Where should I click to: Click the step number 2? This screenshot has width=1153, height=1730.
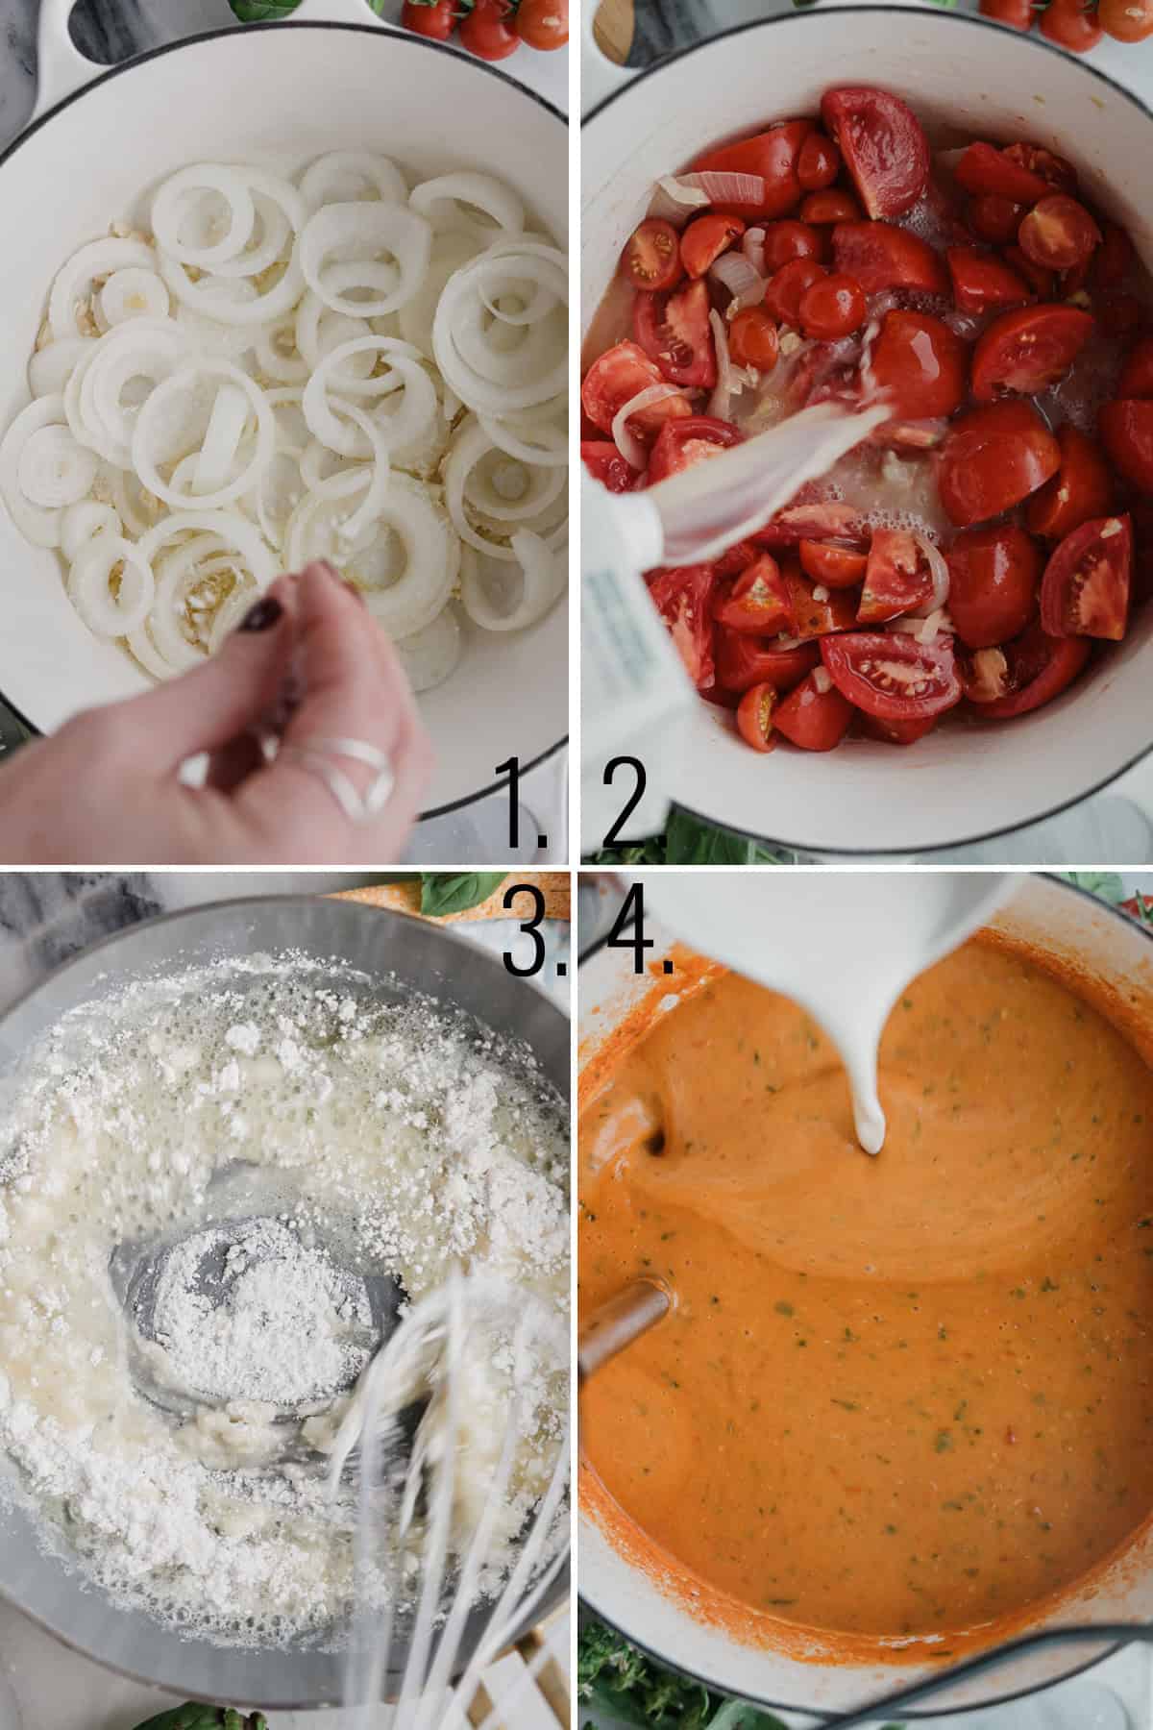point(629,805)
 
